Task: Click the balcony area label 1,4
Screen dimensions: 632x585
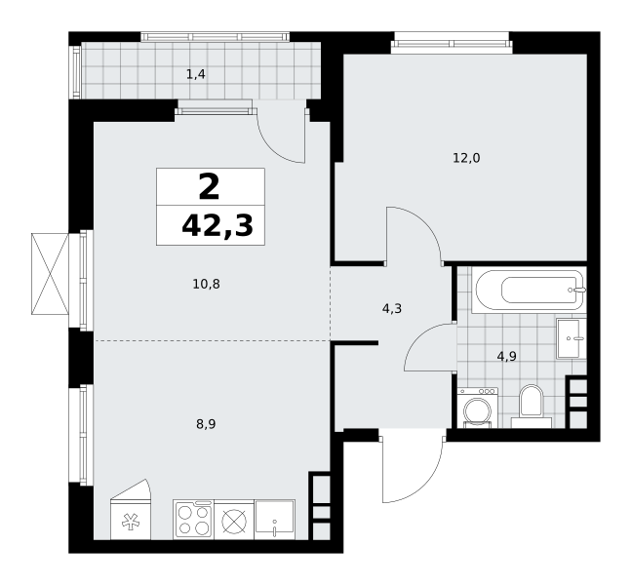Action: [196, 74]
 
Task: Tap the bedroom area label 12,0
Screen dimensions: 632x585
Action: [466, 158]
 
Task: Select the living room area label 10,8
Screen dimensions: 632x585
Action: [207, 285]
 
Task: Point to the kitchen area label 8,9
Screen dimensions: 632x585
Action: [206, 424]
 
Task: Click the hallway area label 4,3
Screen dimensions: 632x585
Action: [392, 309]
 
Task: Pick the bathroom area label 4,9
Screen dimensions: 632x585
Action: [506, 357]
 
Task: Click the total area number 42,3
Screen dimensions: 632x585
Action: [217, 225]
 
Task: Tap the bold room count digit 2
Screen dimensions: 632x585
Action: [209, 187]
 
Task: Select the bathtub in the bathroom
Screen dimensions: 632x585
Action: [529, 291]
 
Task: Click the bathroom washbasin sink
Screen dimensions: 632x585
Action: [572, 338]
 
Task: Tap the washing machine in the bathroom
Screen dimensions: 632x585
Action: [478, 408]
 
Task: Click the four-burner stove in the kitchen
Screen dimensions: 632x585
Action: [194, 520]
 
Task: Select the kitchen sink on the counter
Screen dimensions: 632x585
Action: [275, 520]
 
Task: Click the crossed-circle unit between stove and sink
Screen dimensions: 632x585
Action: [234, 520]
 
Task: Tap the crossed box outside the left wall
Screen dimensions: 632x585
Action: [50, 274]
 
